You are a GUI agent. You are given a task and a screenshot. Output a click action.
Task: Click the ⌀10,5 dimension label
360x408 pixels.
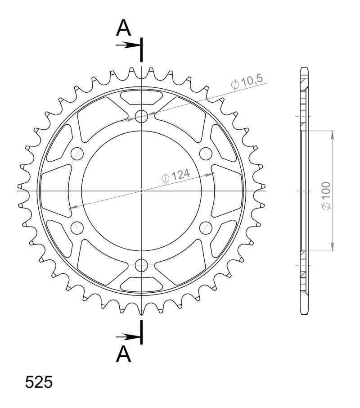(x=247, y=82)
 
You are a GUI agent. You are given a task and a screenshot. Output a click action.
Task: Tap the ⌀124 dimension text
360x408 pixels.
(x=175, y=176)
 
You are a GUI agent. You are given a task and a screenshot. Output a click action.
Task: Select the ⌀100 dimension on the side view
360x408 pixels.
(x=326, y=196)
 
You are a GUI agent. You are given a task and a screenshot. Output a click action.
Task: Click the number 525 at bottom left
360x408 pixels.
(x=39, y=382)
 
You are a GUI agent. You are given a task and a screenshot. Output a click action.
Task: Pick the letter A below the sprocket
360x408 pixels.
(x=123, y=354)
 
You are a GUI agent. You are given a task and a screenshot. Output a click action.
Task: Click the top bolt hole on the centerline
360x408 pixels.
(x=141, y=116)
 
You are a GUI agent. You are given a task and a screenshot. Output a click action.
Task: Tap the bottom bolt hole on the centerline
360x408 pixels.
(x=141, y=265)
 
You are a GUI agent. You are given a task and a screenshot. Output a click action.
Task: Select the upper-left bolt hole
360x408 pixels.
(x=77, y=154)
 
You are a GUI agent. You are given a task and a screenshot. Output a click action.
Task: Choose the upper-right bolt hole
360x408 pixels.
(x=206, y=154)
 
